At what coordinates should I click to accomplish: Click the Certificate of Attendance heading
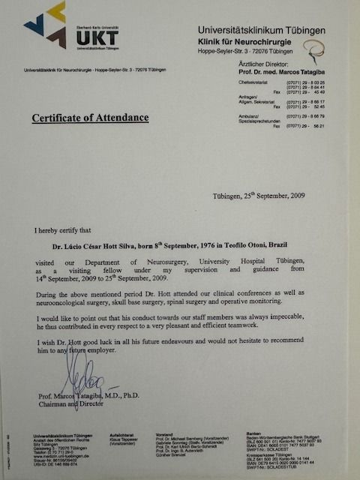[x=90, y=118]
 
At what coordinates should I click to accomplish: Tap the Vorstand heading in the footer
[x=178, y=434]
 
